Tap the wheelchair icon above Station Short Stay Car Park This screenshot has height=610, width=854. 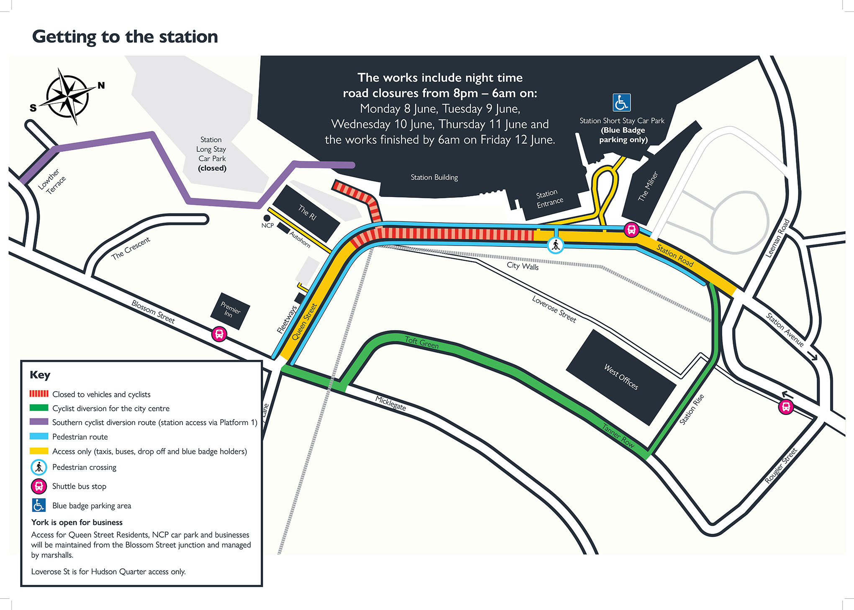(x=621, y=103)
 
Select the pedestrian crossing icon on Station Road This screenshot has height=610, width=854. (x=555, y=245)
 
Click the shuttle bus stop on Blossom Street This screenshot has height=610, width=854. (x=219, y=334)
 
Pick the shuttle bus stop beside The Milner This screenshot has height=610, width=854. (x=631, y=229)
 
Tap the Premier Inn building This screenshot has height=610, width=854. (x=230, y=311)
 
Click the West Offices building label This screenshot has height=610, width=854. (x=621, y=377)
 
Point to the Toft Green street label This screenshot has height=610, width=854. (x=422, y=342)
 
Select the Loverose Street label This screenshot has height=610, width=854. (x=554, y=309)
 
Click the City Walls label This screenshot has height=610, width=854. (x=523, y=266)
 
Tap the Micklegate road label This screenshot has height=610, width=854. (x=390, y=403)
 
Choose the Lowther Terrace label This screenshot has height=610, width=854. (x=52, y=182)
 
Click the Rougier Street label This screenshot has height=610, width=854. (x=781, y=465)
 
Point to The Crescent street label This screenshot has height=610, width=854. (x=131, y=248)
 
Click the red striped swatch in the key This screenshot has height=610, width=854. (x=39, y=394)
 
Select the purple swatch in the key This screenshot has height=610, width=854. (x=39, y=422)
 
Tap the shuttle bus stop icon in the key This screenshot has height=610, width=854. (x=39, y=486)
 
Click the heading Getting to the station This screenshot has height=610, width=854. (x=125, y=37)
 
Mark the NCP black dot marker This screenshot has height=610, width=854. (x=267, y=218)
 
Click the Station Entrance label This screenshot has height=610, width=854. (x=549, y=198)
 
